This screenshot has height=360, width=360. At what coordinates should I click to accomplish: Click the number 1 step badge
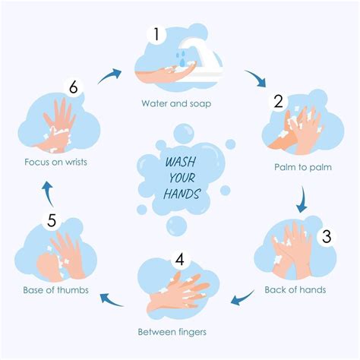156,34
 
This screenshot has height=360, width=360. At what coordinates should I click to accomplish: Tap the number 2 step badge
279,102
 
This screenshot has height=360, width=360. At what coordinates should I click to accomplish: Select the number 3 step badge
327,236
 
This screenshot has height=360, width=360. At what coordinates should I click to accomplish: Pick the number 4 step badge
180,259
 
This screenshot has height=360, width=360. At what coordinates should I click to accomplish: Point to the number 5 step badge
52,220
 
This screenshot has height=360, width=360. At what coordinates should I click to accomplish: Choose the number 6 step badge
74,87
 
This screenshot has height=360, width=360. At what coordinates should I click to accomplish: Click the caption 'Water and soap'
176,103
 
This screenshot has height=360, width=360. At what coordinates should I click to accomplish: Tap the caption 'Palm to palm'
303,167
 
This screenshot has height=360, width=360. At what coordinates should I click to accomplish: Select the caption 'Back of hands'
295,289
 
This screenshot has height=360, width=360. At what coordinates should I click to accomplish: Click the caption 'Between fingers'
172,332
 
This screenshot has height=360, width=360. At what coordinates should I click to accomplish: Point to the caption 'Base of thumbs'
55,290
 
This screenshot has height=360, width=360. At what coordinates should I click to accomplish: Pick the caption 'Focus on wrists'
55,162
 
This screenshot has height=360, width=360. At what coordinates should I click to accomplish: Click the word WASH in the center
181,162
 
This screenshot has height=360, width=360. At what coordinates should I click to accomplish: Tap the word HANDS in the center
182,194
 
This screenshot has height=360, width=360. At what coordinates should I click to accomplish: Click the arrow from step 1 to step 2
257,77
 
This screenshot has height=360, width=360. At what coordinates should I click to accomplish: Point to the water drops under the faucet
182,58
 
